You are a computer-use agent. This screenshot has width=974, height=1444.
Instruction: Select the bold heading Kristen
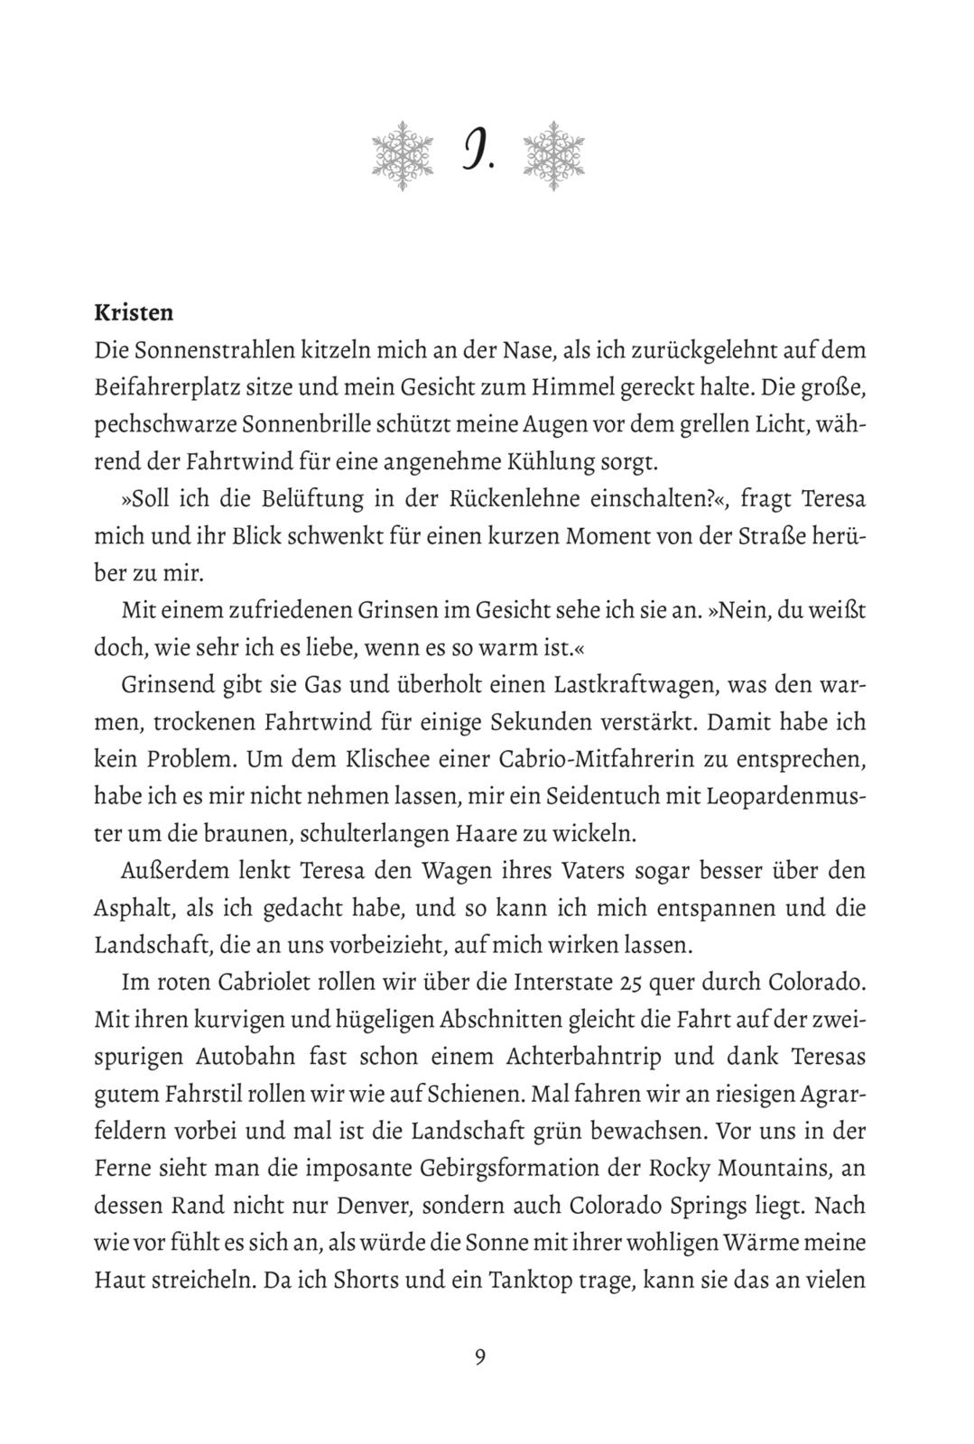tap(134, 313)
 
